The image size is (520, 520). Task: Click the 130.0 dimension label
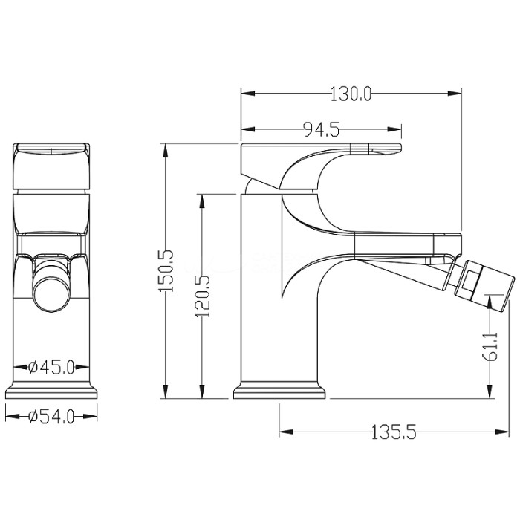(351, 94)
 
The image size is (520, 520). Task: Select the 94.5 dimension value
(322, 129)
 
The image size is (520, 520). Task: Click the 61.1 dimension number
(490, 345)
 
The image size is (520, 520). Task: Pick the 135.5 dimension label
(393, 432)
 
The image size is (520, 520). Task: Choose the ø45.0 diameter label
(51, 367)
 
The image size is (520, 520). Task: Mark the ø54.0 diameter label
(51, 417)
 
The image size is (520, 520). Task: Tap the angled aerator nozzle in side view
(484, 285)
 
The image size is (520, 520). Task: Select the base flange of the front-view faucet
(51, 389)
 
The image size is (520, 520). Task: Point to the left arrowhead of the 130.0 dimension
(248, 94)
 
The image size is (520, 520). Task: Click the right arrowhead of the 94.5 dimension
(394, 129)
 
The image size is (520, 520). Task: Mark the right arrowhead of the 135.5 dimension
(501, 432)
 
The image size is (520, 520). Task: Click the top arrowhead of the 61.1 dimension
(490, 302)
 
